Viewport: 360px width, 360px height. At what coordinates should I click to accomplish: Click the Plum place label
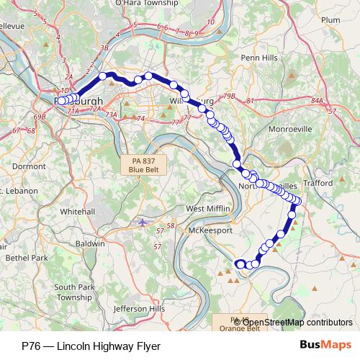point(330,20)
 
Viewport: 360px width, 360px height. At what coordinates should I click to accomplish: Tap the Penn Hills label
point(259,58)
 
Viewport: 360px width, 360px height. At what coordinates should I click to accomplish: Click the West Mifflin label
point(208,209)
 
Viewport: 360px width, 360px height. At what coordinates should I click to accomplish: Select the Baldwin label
point(90,244)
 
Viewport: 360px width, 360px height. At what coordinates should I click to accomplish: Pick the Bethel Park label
point(26,257)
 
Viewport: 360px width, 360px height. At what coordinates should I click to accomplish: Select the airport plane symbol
point(143,222)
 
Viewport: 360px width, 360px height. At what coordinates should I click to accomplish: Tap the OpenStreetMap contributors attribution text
point(297,323)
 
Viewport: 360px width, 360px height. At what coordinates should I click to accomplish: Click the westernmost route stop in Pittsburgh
point(61,101)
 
